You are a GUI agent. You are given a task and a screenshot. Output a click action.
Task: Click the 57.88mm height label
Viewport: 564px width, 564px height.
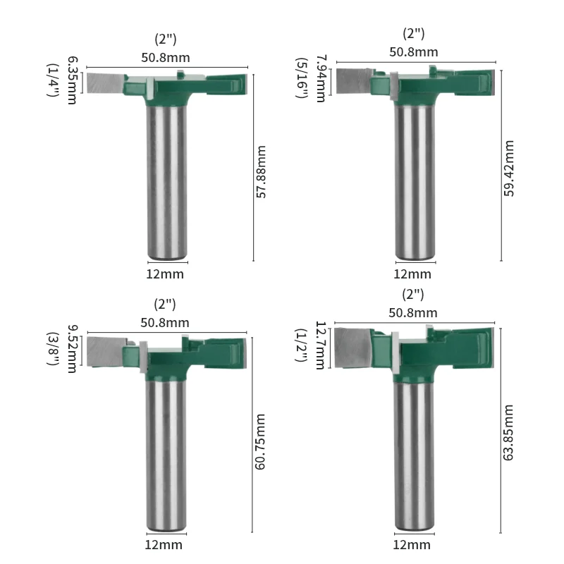pyautogui.click(x=261, y=172)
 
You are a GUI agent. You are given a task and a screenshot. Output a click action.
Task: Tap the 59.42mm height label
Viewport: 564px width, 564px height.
pyautogui.click(x=509, y=168)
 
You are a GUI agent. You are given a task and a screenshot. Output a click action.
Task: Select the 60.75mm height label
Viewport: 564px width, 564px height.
pyautogui.click(x=260, y=442)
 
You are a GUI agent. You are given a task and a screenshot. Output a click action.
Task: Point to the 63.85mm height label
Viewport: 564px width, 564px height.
pyautogui.click(x=508, y=432)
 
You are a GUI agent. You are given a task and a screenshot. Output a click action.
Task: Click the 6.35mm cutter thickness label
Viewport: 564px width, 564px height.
pyautogui.click(x=72, y=80)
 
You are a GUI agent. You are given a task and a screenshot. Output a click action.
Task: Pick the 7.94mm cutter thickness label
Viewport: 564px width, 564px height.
pyautogui.click(x=321, y=79)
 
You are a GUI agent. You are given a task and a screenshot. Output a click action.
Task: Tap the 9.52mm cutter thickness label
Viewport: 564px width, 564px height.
pyautogui.click(x=72, y=349)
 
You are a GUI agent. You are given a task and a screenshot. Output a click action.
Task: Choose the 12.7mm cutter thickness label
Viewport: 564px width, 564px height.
pyautogui.click(x=320, y=345)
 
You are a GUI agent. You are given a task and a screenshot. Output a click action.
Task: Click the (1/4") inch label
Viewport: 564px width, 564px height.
pyautogui.click(x=53, y=80)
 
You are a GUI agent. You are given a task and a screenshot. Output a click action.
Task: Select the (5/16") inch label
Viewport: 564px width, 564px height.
pyautogui.click(x=302, y=78)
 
